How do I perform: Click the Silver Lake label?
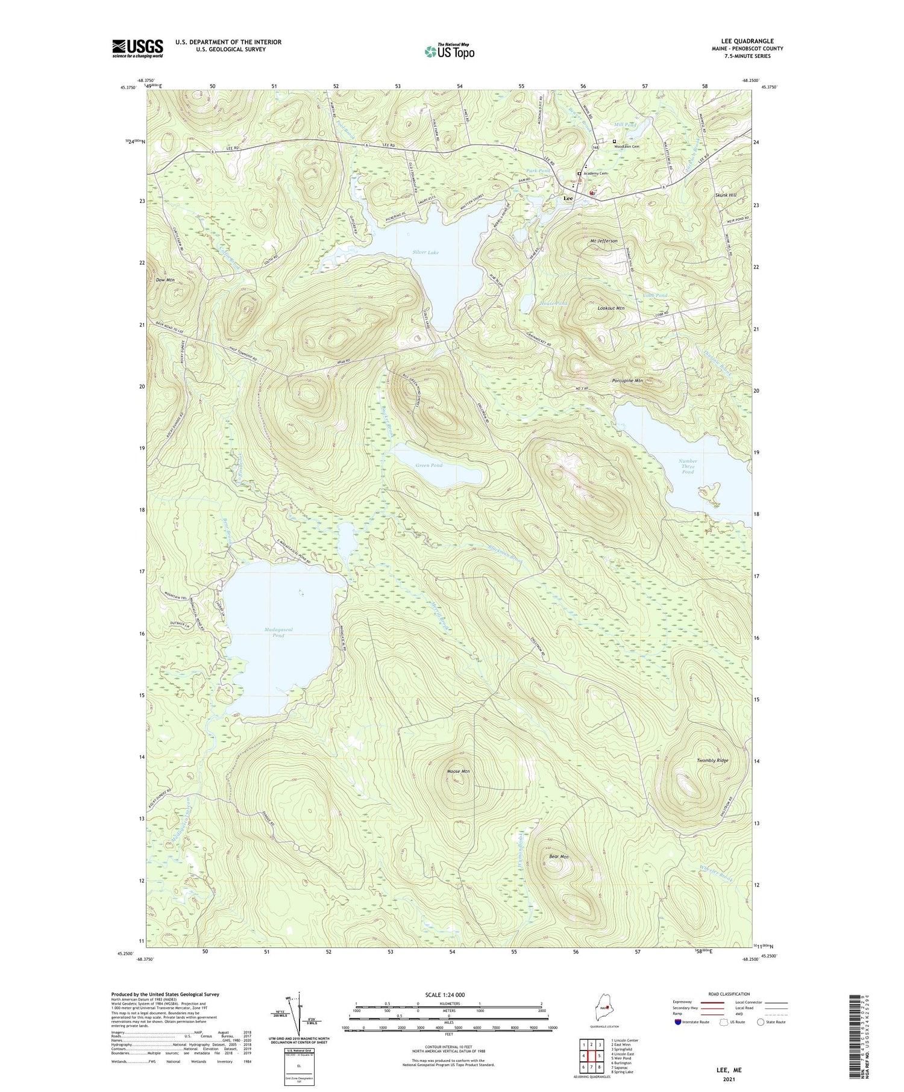(425, 252)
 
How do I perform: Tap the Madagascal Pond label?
(278, 632)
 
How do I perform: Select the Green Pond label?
(428, 465)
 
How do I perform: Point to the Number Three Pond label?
(688, 466)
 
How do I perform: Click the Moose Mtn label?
(458, 771)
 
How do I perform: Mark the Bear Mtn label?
(559, 856)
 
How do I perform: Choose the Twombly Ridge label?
(712, 760)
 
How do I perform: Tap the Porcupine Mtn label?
(627, 381)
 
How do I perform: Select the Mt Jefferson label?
(604, 240)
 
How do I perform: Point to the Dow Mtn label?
(165, 280)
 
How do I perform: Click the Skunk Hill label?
(725, 195)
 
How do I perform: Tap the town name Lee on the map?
(568, 198)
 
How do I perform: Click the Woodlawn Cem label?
(626, 146)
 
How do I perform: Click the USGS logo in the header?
(137, 48)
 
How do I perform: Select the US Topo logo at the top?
(450, 51)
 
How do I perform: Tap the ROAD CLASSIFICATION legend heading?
(729, 994)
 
